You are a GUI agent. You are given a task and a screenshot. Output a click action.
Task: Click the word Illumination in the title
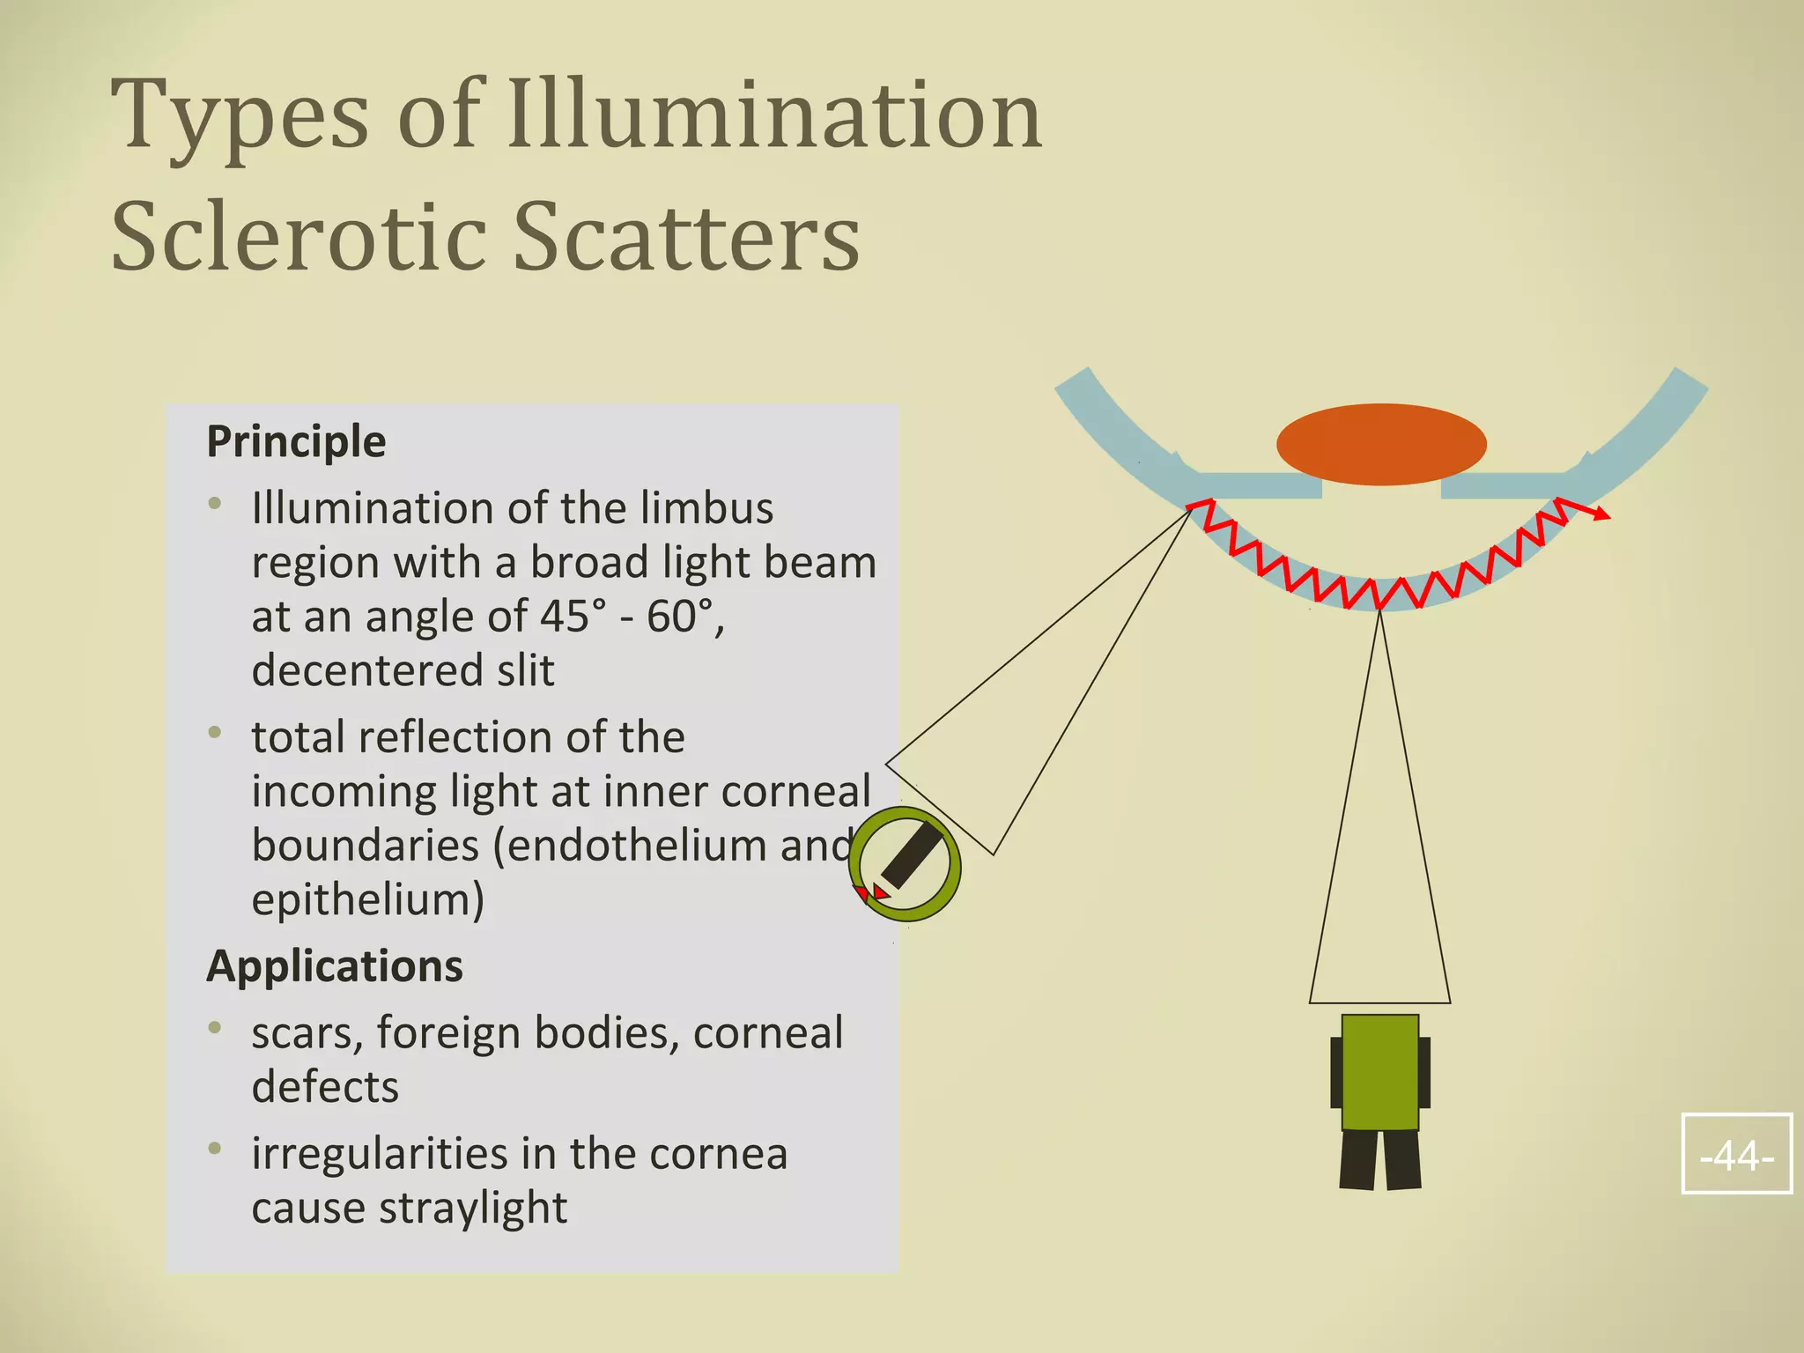pos(775,115)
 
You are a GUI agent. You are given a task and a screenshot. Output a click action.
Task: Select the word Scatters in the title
pos(686,236)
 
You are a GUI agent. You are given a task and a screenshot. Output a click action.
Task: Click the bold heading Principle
pos(296,441)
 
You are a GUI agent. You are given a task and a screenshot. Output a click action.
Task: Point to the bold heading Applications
pos(335,966)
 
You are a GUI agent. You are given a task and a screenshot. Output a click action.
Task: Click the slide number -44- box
pos(1736,1154)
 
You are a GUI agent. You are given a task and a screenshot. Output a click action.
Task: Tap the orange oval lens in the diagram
pos(1381,444)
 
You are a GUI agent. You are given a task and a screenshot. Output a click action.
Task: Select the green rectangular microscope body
pos(1379,1072)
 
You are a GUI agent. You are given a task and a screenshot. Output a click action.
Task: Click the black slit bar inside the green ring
pos(912,855)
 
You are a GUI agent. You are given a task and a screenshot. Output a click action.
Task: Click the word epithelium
pos(364,900)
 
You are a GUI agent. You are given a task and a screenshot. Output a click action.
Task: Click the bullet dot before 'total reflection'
pos(215,733)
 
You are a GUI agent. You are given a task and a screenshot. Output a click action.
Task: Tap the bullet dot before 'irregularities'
pos(215,1149)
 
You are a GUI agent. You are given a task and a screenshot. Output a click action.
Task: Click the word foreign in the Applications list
pos(447,1033)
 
